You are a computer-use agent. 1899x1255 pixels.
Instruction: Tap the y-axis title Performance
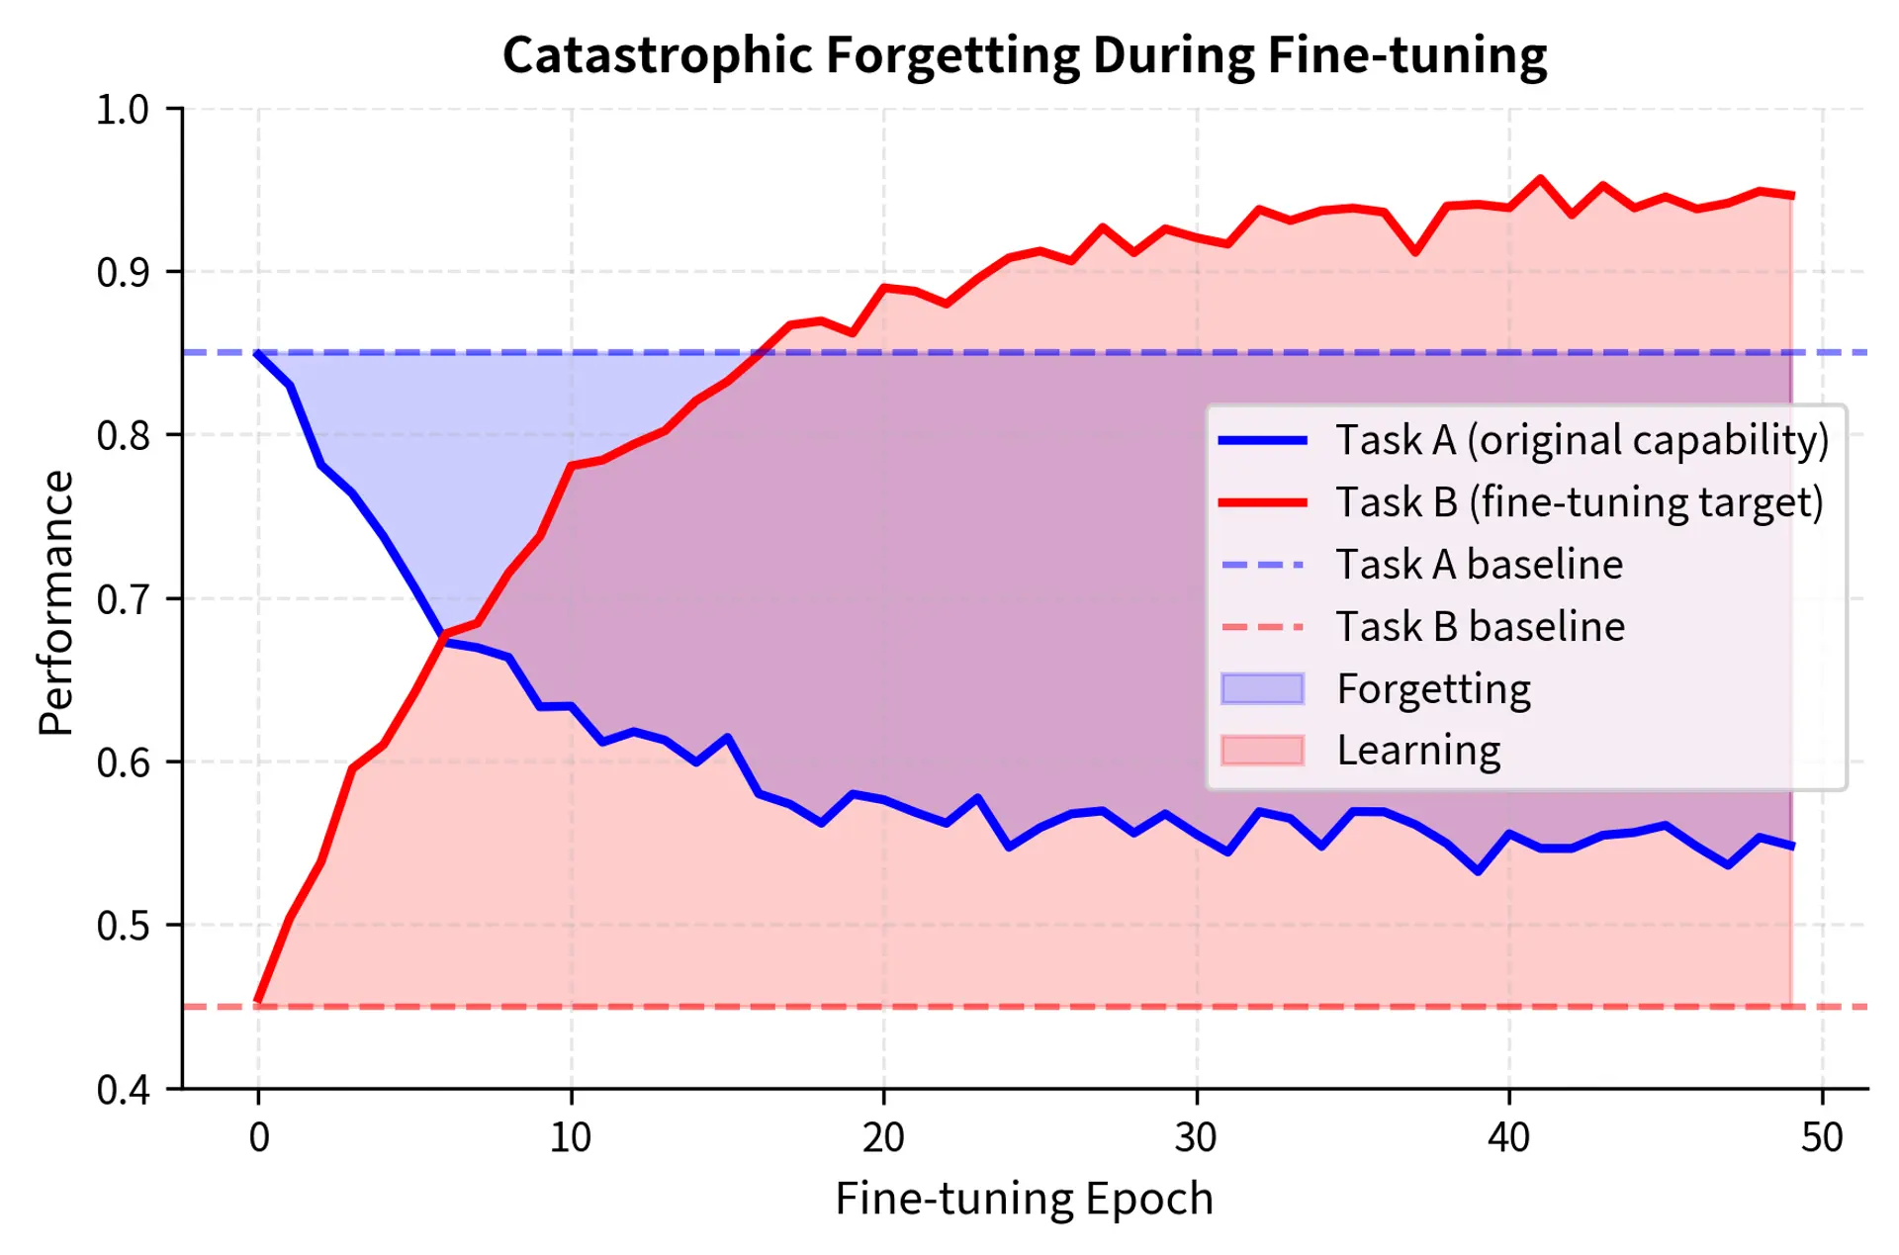56,602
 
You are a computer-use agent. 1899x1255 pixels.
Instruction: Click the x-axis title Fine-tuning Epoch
1024,1199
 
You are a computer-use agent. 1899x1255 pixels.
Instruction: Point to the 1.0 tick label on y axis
123,110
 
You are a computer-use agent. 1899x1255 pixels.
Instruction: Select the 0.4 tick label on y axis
123,1089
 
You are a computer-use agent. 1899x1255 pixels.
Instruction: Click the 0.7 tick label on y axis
123,599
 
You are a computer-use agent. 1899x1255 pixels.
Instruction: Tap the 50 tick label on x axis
1822,1138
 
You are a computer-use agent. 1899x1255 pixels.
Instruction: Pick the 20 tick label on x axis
883,1138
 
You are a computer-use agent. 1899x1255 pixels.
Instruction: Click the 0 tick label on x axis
259,1138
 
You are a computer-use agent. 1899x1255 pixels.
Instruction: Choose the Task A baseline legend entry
1479,565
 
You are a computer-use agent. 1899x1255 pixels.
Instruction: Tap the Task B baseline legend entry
1480,627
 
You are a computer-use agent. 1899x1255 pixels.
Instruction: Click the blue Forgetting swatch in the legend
1262,688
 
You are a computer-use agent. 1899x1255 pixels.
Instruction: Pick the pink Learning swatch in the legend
1262,751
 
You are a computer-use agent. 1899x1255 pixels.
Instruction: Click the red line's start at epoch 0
259,1002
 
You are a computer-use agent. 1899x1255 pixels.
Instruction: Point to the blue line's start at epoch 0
259,353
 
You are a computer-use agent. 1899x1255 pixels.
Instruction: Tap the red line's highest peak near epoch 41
1540,179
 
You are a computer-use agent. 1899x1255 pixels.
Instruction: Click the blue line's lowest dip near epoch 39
1478,871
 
